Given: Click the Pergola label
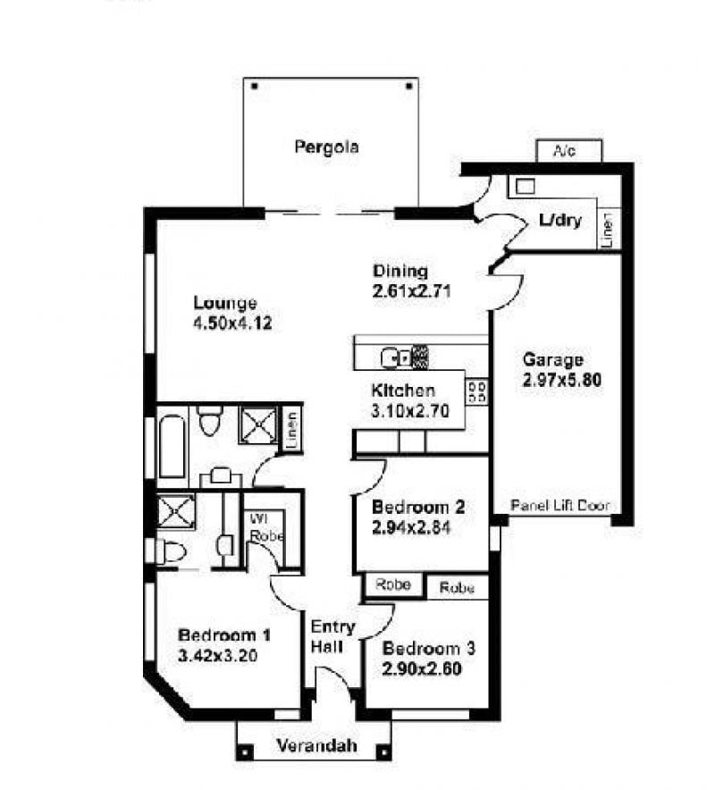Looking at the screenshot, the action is coord(326,147).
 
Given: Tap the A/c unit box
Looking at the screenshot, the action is coord(569,151).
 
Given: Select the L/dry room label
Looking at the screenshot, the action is coord(559,220).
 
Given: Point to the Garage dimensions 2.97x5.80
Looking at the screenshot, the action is coord(562,380).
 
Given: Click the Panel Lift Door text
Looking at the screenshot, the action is coord(560,505).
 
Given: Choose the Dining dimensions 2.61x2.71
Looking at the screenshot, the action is coord(412,291).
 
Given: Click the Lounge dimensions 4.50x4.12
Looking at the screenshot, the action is coord(232,323).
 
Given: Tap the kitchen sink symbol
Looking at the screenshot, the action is coord(397,357).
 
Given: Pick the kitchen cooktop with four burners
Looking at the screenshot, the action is coord(476,391).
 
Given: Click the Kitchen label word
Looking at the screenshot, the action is coord(402,391).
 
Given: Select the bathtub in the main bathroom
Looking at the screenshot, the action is coord(172,446).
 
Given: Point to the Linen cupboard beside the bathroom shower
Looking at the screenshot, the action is coord(291,429).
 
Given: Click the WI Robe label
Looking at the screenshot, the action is coord(265,527).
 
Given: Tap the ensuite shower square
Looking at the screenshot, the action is coord(176,512).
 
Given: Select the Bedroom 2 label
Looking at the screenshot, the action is coord(418,507).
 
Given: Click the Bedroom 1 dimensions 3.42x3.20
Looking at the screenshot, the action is coord(218,655).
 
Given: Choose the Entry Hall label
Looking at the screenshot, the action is coord(333,637).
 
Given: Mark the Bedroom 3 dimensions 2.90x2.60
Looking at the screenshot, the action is coord(422,668).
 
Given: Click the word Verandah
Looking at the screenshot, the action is coord(317,745).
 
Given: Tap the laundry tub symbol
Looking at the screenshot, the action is coord(526,187).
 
